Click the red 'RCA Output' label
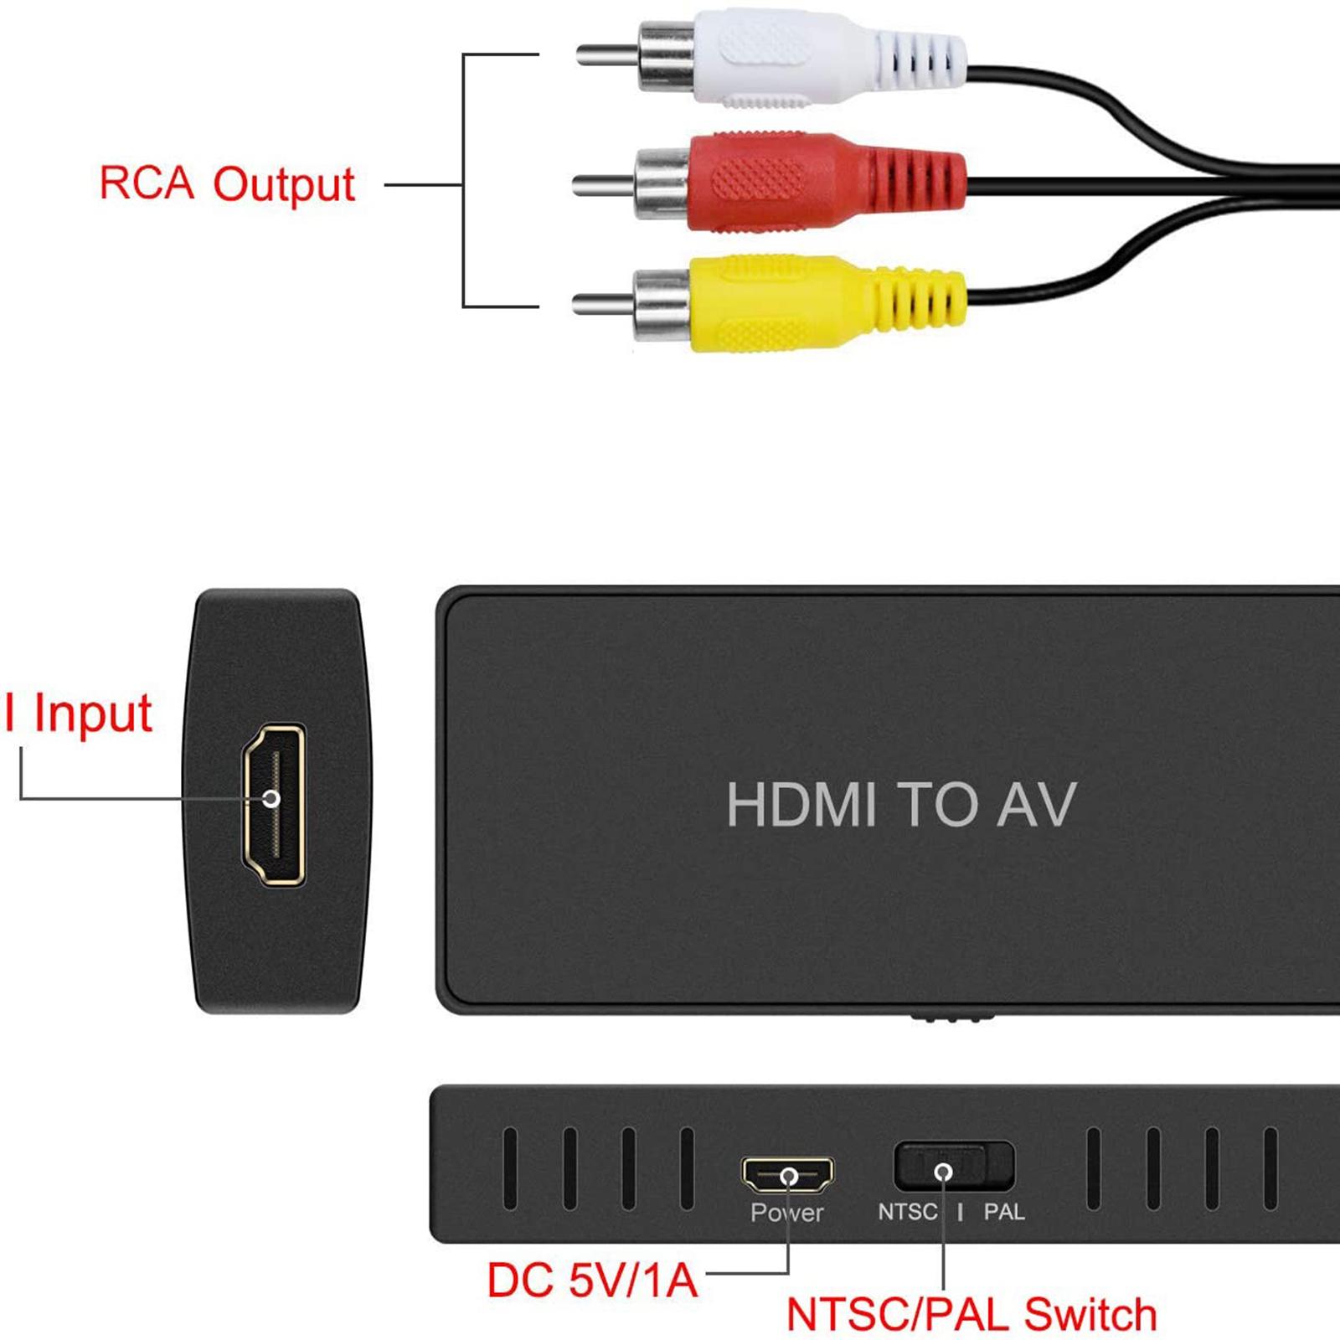[x=227, y=184]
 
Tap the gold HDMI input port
[x=273, y=805]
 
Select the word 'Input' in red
[x=92, y=714]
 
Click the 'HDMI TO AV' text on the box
[x=900, y=805]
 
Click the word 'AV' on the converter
[x=1035, y=805]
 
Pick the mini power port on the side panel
[x=787, y=1174]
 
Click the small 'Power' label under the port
[x=786, y=1212]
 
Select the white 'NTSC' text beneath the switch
[x=907, y=1211]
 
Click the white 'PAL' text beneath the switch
[x=1003, y=1211]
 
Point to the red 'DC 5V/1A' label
[x=592, y=1281]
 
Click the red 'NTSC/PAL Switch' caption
[x=971, y=1314]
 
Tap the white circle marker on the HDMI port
[x=271, y=798]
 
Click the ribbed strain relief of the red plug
[x=917, y=181]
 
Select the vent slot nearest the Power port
[x=687, y=1168]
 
